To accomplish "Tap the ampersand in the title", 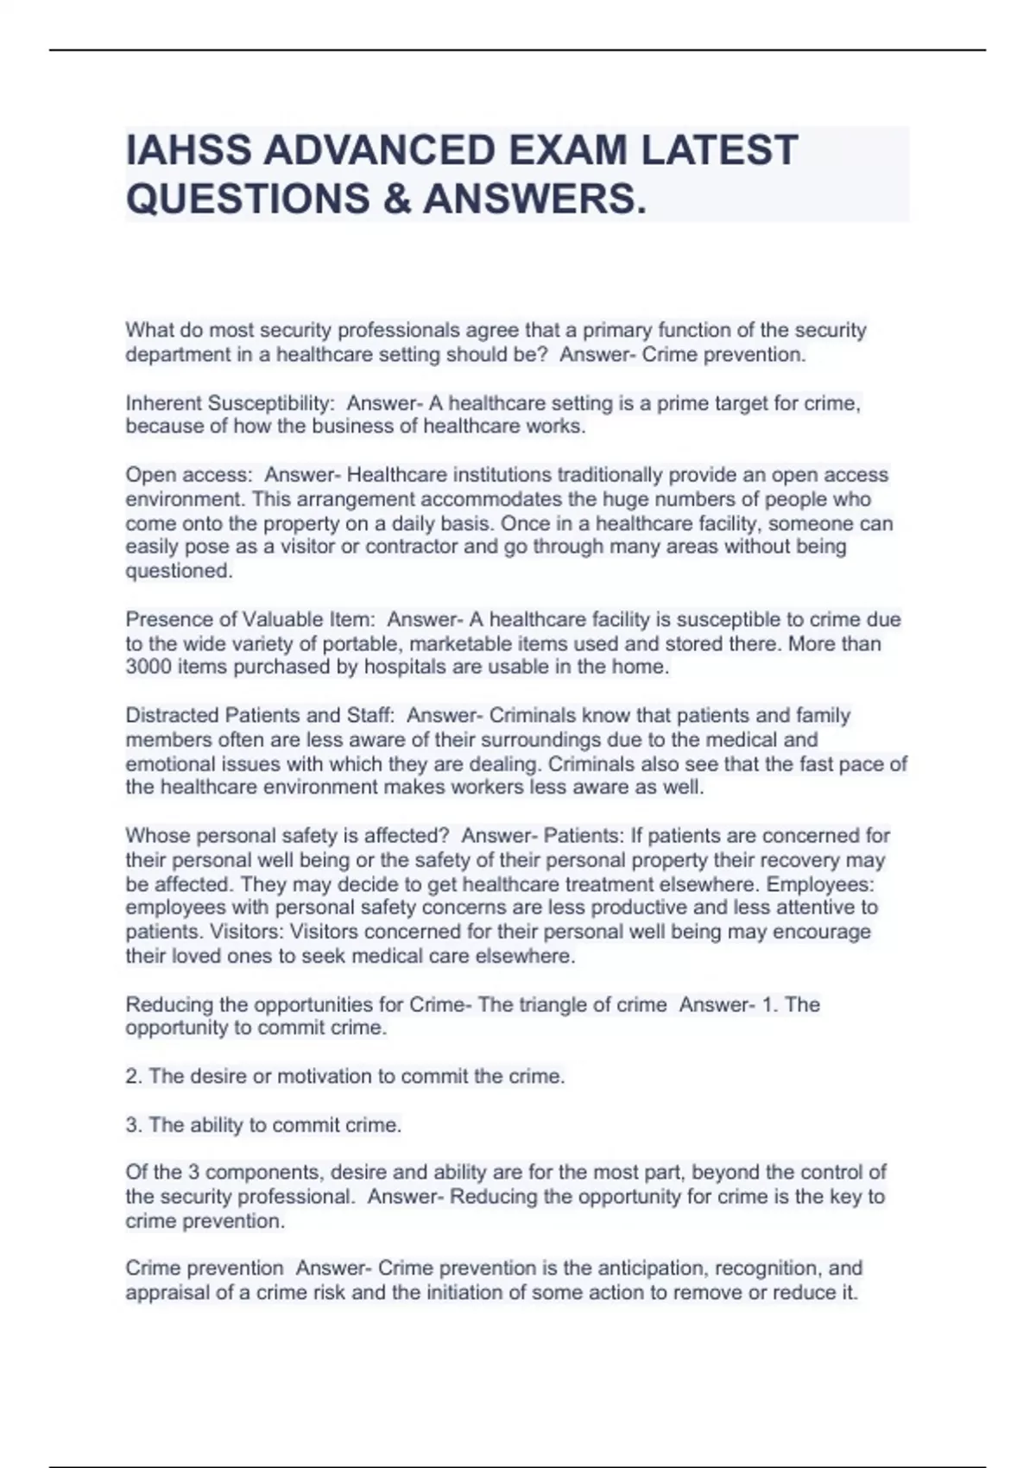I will (397, 199).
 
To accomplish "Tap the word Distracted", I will (173, 715).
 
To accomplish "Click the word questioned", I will (179, 571).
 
